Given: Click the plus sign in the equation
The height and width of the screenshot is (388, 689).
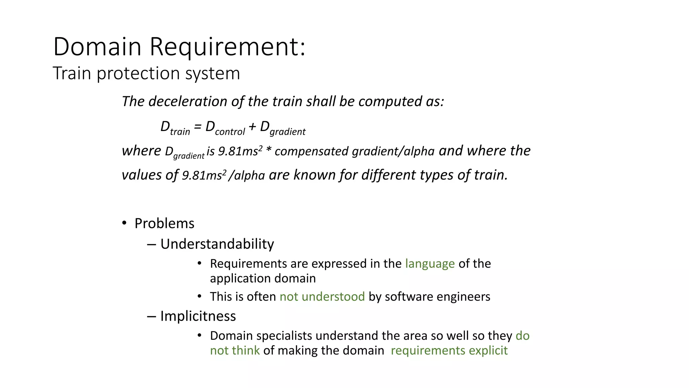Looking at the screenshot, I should click(x=252, y=127).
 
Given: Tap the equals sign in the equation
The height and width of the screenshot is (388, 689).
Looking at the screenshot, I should click(x=198, y=127).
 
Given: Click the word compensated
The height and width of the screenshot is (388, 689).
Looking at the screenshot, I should click(x=311, y=152).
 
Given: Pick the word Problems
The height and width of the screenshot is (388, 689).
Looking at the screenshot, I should click(x=164, y=224).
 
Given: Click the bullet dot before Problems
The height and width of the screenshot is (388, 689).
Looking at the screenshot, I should click(x=124, y=223).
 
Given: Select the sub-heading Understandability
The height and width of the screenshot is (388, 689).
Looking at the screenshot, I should click(x=217, y=244).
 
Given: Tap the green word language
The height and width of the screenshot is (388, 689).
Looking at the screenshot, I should click(x=430, y=264).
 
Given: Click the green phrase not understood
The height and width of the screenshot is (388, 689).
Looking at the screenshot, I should click(x=322, y=297).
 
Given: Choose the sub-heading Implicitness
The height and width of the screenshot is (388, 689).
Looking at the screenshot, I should click(x=198, y=316).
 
